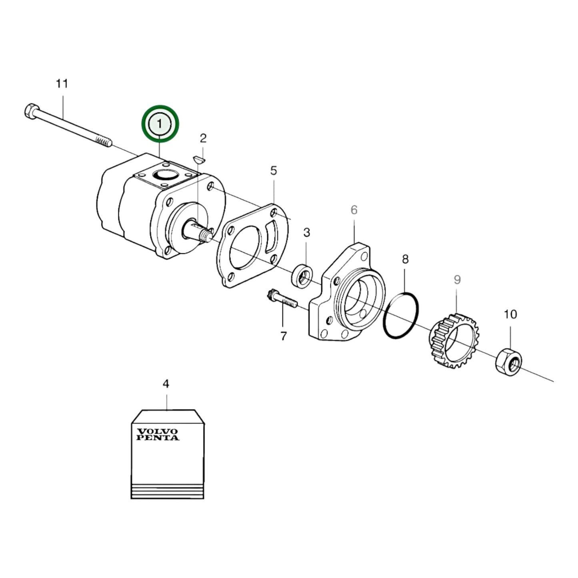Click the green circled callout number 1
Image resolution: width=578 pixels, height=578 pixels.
[160, 124]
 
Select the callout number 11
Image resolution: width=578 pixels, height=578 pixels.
[62, 84]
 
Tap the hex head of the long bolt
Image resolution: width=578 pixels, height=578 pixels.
[31, 111]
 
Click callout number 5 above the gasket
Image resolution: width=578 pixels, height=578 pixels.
[273, 171]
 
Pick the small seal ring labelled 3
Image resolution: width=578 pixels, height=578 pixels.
[302, 275]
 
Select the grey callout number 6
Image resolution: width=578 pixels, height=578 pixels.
[354, 210]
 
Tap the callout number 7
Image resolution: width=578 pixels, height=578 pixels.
[283, 336]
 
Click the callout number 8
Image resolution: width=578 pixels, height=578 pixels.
[405, 259]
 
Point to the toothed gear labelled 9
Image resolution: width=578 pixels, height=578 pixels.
[454, 341]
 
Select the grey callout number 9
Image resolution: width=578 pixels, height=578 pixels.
[457, 280]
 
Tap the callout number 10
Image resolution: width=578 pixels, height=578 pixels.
[510, 314]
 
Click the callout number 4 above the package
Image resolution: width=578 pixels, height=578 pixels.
[166, 384]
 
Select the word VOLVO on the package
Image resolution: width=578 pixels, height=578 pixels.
[157, 432]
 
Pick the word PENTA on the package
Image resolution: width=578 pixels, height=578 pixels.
[158, 438]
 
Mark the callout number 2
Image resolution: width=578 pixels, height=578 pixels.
[203, 138]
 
